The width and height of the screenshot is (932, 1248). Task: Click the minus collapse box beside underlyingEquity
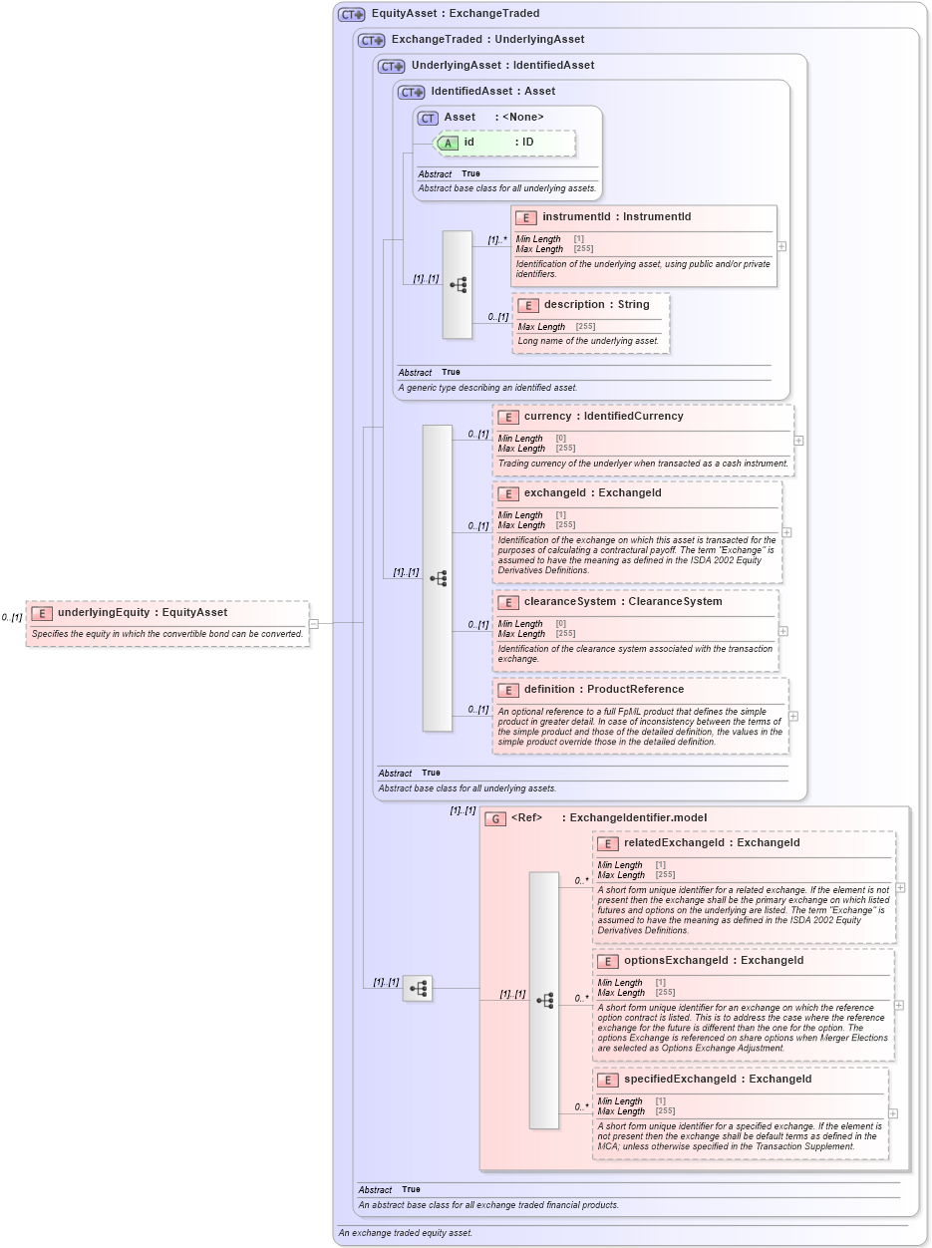click(313, 624)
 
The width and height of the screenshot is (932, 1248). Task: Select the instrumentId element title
click(616, 216)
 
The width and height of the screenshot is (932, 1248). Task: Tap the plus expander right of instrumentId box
click(781, 246)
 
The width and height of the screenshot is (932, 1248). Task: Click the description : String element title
click(596, 304)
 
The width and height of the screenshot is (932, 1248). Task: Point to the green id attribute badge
click(448, 143)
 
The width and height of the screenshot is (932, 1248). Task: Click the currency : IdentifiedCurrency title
click(603, 416)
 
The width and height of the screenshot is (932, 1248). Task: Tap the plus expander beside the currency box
click(798, 440)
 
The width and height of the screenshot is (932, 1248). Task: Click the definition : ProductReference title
click(603, 689)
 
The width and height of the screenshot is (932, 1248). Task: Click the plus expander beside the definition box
click(793, 716)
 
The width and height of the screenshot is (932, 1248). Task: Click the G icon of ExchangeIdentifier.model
click(495, 818)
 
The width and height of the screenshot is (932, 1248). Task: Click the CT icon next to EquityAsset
click(351, 14)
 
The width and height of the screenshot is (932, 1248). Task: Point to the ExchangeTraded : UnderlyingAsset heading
click(487, 39)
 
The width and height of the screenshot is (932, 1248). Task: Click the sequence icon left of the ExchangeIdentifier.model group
click(418, 988)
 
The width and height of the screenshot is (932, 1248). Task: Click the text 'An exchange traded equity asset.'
click(405, 1233)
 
